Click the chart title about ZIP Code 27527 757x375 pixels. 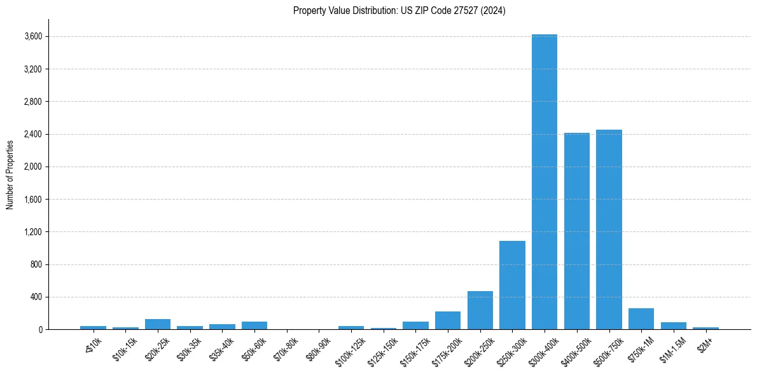point(399,10)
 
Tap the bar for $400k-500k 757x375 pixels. point(577,231)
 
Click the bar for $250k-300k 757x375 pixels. point(512,285)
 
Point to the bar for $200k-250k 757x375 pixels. point(480,311)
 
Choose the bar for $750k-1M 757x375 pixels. point(641,319)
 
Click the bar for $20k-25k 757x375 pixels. point(158,324)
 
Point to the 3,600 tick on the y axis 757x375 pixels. point(33,37)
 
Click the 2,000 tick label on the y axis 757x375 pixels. point(33,167)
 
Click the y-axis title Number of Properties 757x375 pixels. point(10,174)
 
